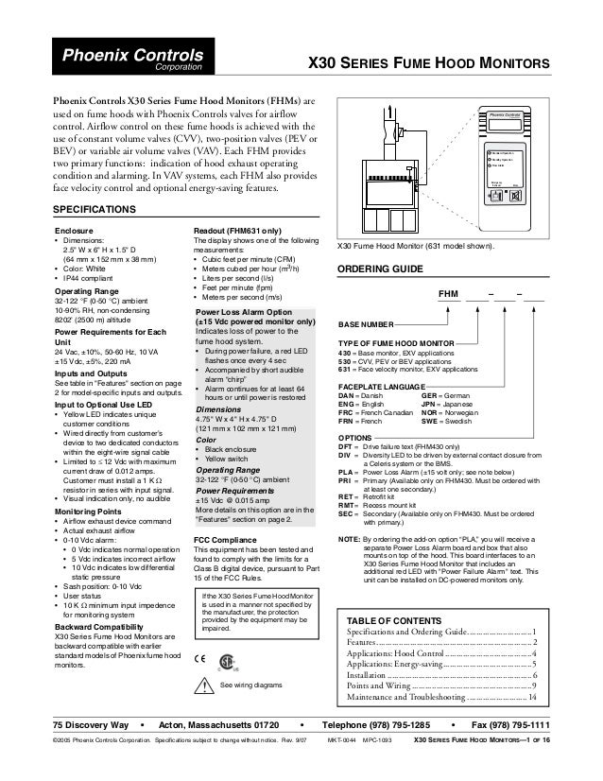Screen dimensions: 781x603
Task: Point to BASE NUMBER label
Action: point(369,324)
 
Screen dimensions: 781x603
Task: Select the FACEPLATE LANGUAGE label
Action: point(388,388)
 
